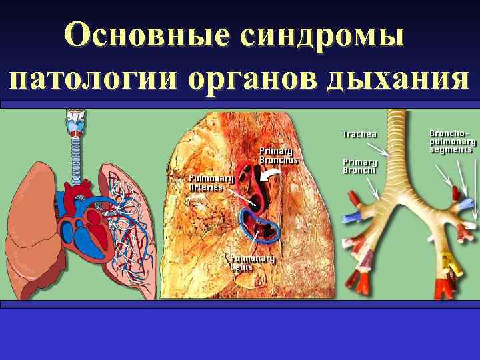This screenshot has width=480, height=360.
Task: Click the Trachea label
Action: click(360, 133)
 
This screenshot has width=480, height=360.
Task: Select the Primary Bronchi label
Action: click(360, 165)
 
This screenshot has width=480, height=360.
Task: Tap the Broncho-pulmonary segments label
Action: click(453, 141)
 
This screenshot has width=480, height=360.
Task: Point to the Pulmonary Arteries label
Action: click(211, 183)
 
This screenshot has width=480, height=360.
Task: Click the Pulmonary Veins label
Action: click(253, 262)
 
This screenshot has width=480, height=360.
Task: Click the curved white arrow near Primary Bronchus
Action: click(271, 175)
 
